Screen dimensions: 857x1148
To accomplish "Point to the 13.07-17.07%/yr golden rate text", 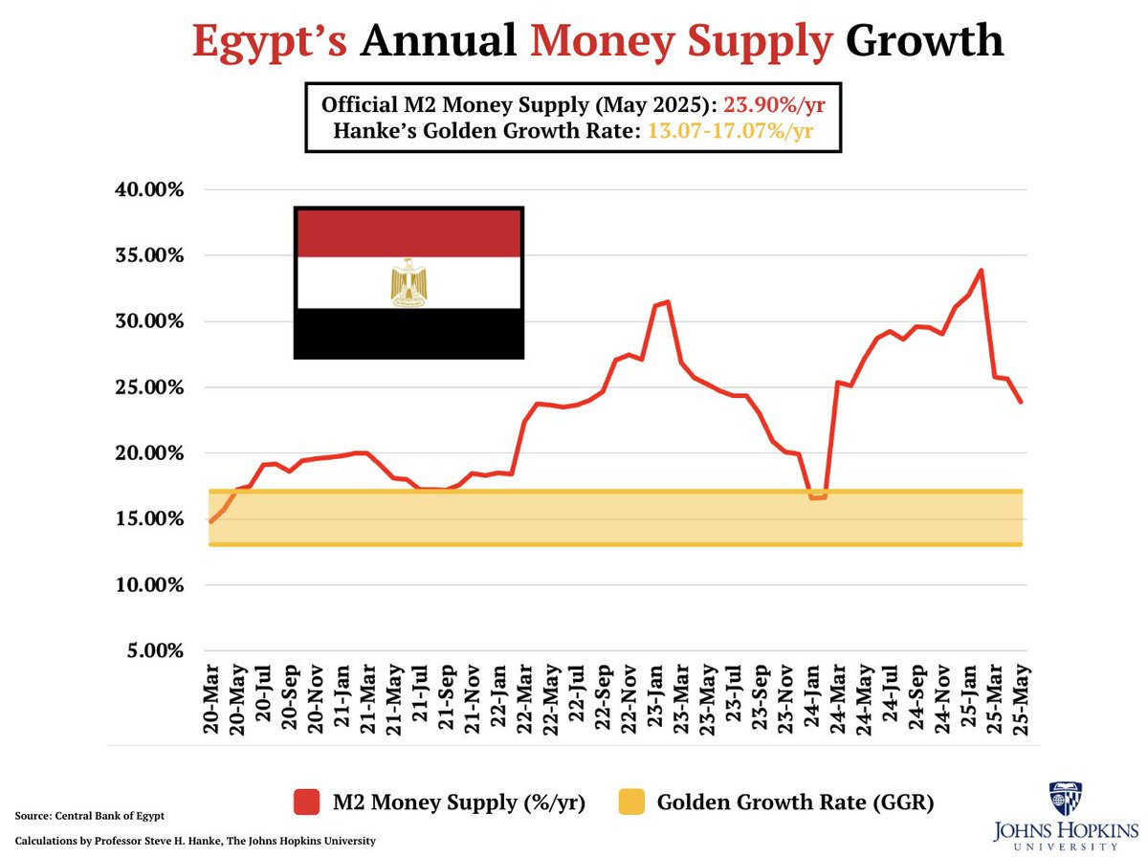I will pyautogui.click(x=730, y=130).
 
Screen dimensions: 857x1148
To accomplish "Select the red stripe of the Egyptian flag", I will pyautogui.click(x=408, y=232).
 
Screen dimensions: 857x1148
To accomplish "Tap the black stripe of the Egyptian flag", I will pyautogui.click(x=408, y=333).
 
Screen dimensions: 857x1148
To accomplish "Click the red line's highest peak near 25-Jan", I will pyautogui.click(x=982, y=271).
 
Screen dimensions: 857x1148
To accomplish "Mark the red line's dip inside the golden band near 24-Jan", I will pyautogui.click(x=817, y=497).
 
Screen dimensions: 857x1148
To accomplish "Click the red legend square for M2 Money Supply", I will pyautogui.click(x=305, y=802).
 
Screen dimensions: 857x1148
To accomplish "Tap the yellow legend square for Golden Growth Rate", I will pyautogui.click(x=632, y=802).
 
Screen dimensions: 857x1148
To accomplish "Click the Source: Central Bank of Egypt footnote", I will pyautogui.click(x=90, y=816).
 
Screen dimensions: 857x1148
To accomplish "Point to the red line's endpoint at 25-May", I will pyautogui.click(x=1021, y=402).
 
